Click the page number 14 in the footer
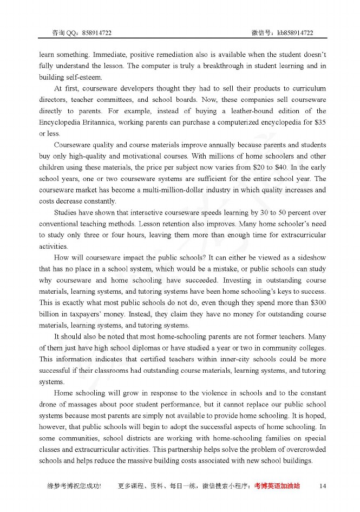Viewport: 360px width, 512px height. click(323, 486)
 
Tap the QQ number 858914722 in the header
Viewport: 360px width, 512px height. click(97, 33)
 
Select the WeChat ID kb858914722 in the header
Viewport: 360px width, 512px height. click(295, 33)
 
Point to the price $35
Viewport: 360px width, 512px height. click(319, 122)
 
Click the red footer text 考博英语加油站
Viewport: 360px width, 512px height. click(277, 487)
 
